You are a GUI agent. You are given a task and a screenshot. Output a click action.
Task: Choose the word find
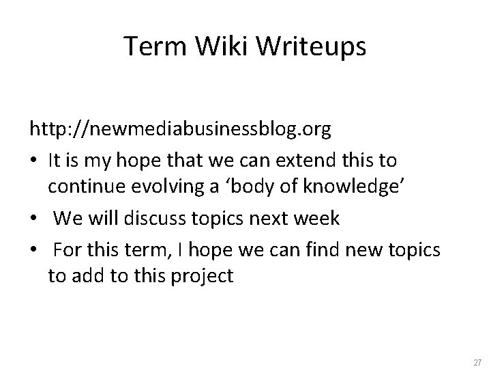coord(325,248)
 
